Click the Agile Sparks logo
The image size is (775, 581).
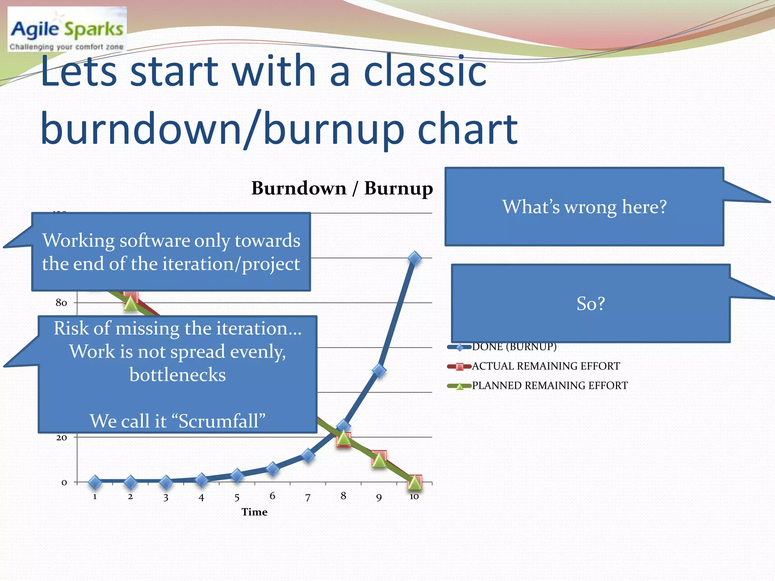pyautogui.click(x=67, y=30)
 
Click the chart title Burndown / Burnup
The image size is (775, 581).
pyautogui.click(x=342, y=188)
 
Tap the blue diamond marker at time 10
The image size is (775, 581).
pyautogui.click(x=415, y=258)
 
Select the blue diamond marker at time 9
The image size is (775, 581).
pyautogui.click(x=379, y=370)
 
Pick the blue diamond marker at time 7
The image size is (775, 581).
pyautogui.click(x=308, y=455)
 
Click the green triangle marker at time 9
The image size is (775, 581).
pyautogui.click(x=379, y=461)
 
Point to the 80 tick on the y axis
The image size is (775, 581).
pyautogui.click(x=61, y=303)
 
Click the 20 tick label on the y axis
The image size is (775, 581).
pyautogui.click(x=61, y=438)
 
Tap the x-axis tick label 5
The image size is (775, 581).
pyautogui.click(x=237, y=497)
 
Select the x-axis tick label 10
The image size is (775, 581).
pyautogui.click(x=414, y=497)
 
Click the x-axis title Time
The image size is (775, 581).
pyautogui.click(x=254, y=512)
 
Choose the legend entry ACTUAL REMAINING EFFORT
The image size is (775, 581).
pyautogui.click(x=545, y=366)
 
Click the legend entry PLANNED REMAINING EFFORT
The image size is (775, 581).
pyautogui.click(x=549, y=385)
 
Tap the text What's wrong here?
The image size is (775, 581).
pyautogui.click(x=584, y=207)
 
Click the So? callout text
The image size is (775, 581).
pyautogui.click(x=590, y=303)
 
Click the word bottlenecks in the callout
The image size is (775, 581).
pyautogui.click(x=177, y=375)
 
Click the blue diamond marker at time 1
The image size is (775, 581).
pyautogui.click(x=95, y=482)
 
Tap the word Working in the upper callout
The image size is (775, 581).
pyautogui.click(x=78, y=241)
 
